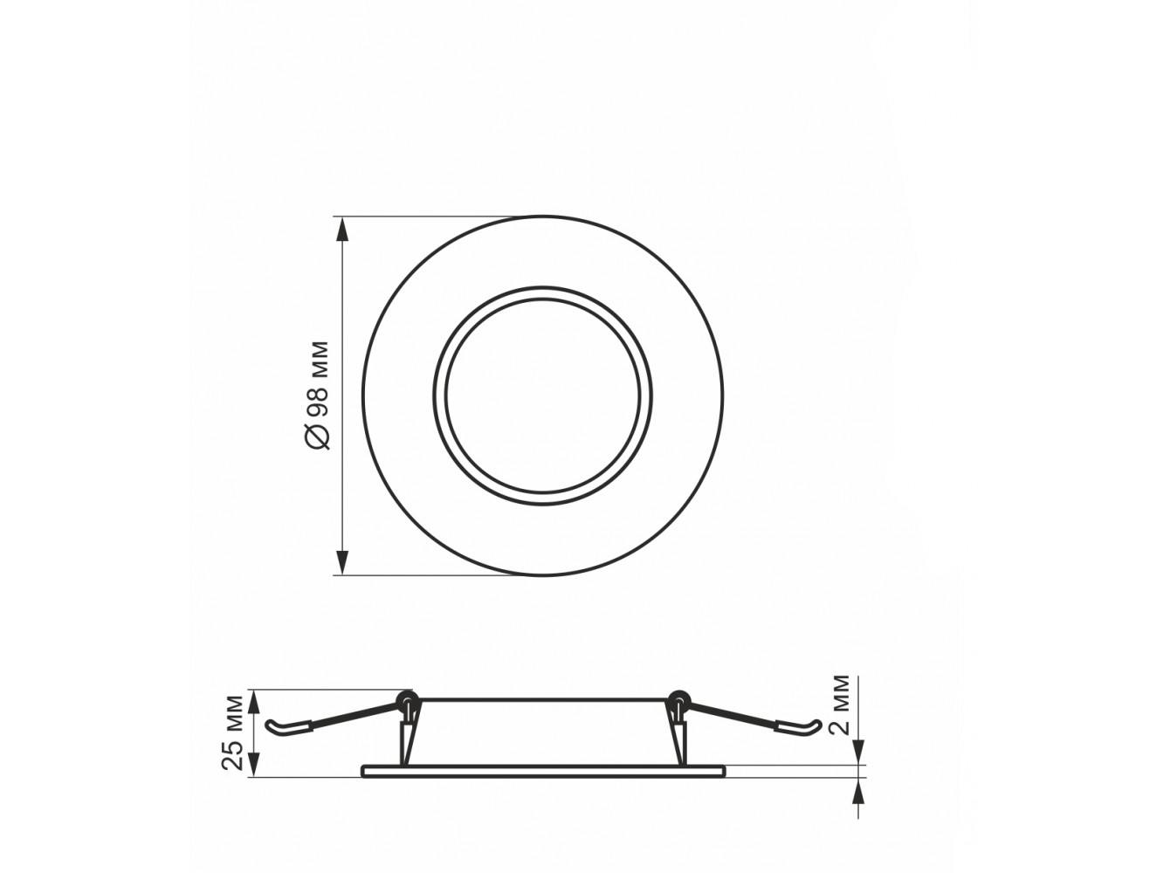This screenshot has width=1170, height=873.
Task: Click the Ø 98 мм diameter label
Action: (x=318, y=395)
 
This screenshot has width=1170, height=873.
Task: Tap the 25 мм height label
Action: (x=232, y=732)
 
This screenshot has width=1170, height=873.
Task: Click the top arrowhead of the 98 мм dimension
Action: (x=342, y=230)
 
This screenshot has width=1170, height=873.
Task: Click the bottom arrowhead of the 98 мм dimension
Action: (x=342, y=560)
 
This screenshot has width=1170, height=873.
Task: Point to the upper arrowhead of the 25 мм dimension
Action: (x=255, y=704)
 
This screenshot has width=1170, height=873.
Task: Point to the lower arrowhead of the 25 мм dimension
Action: (x=255, y=763)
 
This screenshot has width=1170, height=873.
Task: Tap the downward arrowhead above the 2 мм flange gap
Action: (x=858, y=752)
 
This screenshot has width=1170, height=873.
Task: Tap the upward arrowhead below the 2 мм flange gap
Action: (x=858, y=792)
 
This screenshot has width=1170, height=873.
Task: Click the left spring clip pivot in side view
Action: (x=407, y=698)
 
